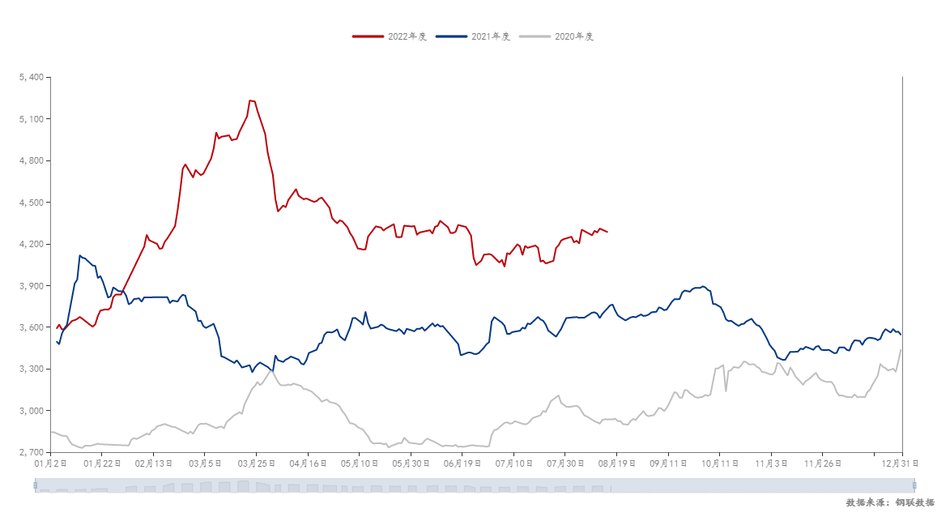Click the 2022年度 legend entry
(390, 36)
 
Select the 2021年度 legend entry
(473, 36)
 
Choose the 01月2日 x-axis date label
(48, 464)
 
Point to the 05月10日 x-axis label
(359, 464)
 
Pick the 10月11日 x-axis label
(720, 464)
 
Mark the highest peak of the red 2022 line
(251, 100)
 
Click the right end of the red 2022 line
(607, 232)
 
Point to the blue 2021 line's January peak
(79, 255)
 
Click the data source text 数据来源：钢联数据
(890, 502)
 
